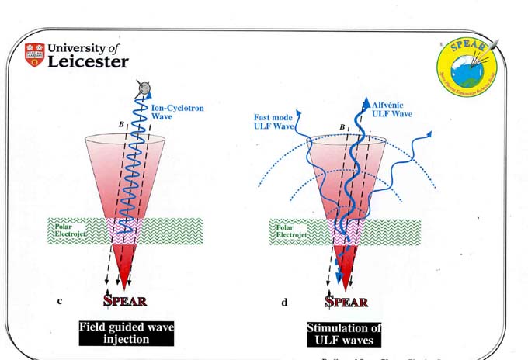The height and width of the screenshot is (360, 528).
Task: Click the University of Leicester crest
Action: (x=34, y=55)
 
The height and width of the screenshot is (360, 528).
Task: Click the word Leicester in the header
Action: (x=88, y=62)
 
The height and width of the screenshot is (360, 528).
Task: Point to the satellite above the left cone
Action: (x=142, y=87)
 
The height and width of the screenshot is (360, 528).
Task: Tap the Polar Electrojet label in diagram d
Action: (x=290, y=230)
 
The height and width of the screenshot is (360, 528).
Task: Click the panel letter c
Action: (x=61, y=301)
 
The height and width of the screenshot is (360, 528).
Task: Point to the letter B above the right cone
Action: (x=340, y=128)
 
